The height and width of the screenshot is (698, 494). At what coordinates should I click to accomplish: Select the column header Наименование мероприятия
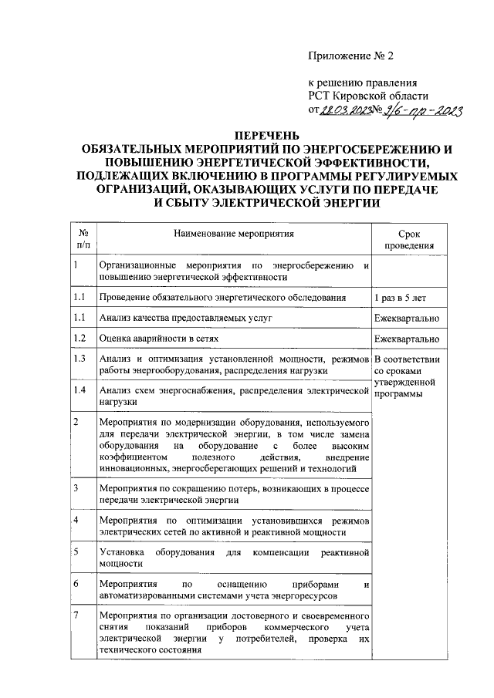point(235,231)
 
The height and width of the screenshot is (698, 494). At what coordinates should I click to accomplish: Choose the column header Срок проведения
point(409,239)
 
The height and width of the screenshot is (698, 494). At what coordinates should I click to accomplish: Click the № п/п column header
point(83,238)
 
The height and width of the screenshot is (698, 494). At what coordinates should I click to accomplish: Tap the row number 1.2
point(78,338)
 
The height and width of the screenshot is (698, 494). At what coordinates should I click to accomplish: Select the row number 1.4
point(78,391)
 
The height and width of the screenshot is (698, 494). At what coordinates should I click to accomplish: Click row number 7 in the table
point(75,615)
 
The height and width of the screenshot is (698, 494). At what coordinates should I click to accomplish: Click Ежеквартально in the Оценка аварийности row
point(408,339)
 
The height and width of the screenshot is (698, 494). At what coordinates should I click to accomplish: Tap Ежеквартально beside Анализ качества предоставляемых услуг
point(408,318)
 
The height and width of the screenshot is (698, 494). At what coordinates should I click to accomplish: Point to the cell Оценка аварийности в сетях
point(160,339)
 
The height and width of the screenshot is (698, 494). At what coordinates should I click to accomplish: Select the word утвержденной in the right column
point(405,383)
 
